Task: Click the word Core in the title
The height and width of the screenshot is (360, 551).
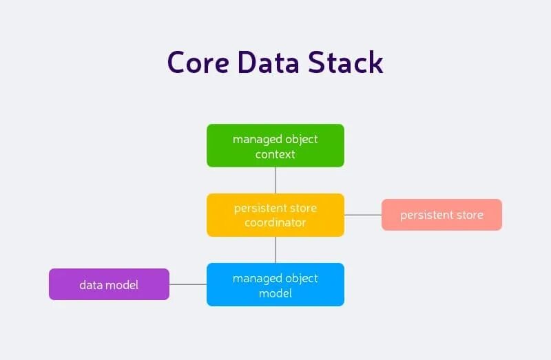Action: (x=198, y=62)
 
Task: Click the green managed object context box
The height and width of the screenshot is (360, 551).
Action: (x=275, y=145)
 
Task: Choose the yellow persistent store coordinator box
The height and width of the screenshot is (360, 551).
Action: (x=275, y=215)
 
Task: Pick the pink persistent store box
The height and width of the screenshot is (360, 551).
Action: (x=441, y=215)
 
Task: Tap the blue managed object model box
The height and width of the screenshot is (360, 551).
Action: (x=275, y=284)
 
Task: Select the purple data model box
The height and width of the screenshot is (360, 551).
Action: (x=109, y=284)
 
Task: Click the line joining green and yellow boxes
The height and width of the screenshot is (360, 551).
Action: (x=275, y=180)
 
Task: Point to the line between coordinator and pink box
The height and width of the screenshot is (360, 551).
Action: (x=363, y=215)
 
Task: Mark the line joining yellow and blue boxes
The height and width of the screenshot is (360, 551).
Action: (x=275, y=249)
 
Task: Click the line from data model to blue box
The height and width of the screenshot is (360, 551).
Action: (x=188, y=284)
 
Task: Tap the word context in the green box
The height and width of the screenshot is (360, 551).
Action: (x=275, y=154)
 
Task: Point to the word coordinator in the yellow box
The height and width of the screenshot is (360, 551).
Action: (x=275, y=223)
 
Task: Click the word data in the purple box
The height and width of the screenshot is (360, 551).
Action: (x=91, y=284)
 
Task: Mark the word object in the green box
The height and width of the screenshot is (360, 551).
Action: (x=302, y=139)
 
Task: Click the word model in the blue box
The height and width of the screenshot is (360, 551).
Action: (x=275, y=293)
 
